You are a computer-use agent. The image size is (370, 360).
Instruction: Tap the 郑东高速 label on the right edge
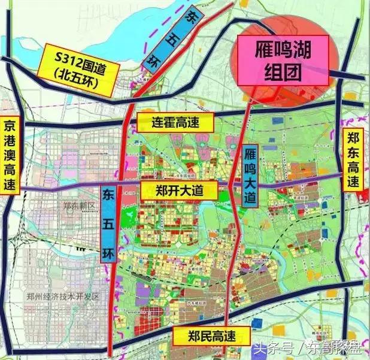353,158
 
